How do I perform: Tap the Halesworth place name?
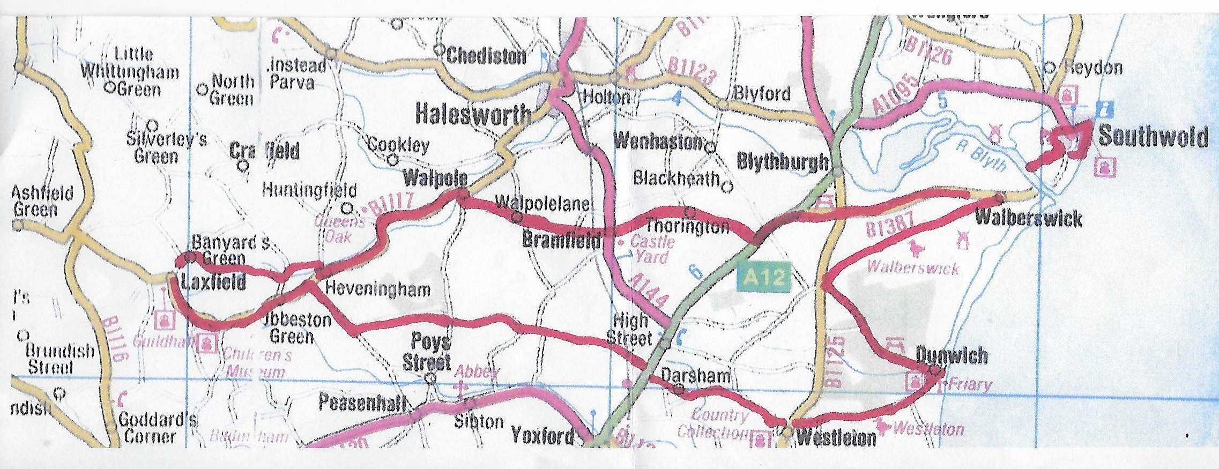tap(473, 115)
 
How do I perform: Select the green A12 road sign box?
tap(764, 278)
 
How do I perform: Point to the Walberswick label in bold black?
tap(1028, 218)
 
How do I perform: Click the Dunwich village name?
tap(951, 355)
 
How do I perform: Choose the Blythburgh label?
tap(782, 161)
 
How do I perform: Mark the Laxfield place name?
tap(213, 282)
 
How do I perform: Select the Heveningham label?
tap(377, 290)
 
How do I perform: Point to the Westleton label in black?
tap(836, 438)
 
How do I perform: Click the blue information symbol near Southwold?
tap(1105, 109)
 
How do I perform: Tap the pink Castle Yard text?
tap(651, 249)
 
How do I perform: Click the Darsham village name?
tap(695, 376)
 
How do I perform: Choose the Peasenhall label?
tap(362, 403)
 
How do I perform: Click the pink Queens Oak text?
tap(340, 228)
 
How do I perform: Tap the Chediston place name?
tap(486, 56)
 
